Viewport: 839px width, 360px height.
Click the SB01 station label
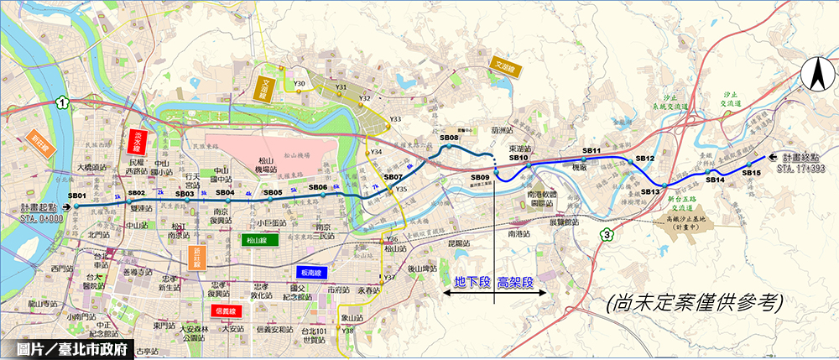tap(78, 196)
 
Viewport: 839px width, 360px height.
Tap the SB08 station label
tap(449, 138)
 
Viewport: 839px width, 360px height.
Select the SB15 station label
tap(751, 173)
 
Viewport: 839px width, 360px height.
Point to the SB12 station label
tap(645, 158)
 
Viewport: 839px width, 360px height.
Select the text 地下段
tap(472, 282)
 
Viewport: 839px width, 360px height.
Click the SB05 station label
tap(273, 192)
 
